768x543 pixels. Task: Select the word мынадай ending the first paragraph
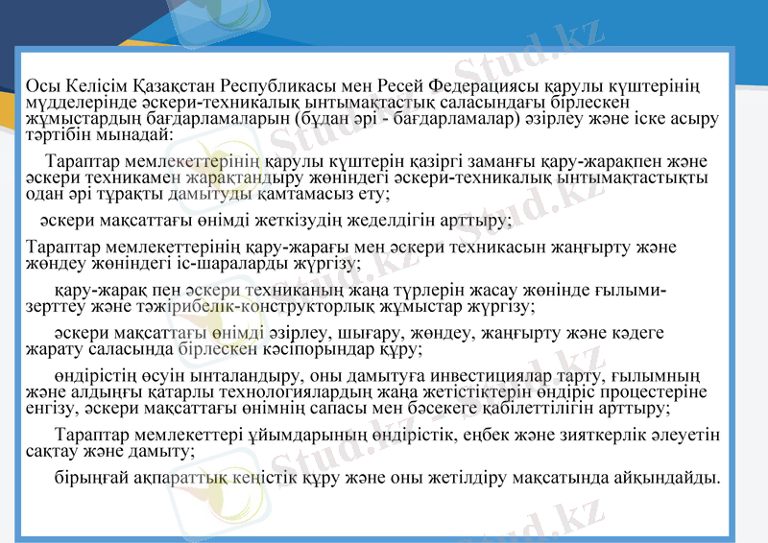click(135, 134)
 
